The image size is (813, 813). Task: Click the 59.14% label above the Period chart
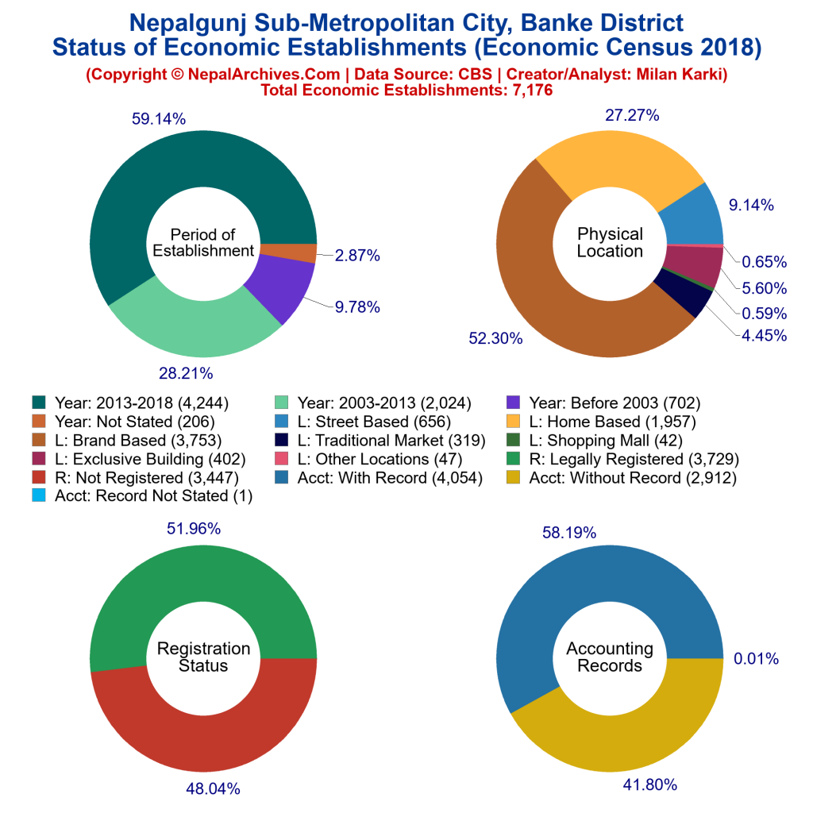click(159, 120)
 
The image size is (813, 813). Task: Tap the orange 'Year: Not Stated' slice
click(287, 252)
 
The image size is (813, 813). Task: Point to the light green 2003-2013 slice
click(191, 322)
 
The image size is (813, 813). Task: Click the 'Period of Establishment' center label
click(203, 242)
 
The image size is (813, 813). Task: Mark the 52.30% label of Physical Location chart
click(497, 338)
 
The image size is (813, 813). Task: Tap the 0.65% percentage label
click(765, 262)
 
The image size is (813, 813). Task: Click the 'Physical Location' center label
click(610, 242)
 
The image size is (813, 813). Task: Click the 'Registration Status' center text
click(203, 657)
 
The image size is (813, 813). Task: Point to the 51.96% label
click(194, 528)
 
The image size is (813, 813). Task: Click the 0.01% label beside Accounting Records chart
click(757, 658)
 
